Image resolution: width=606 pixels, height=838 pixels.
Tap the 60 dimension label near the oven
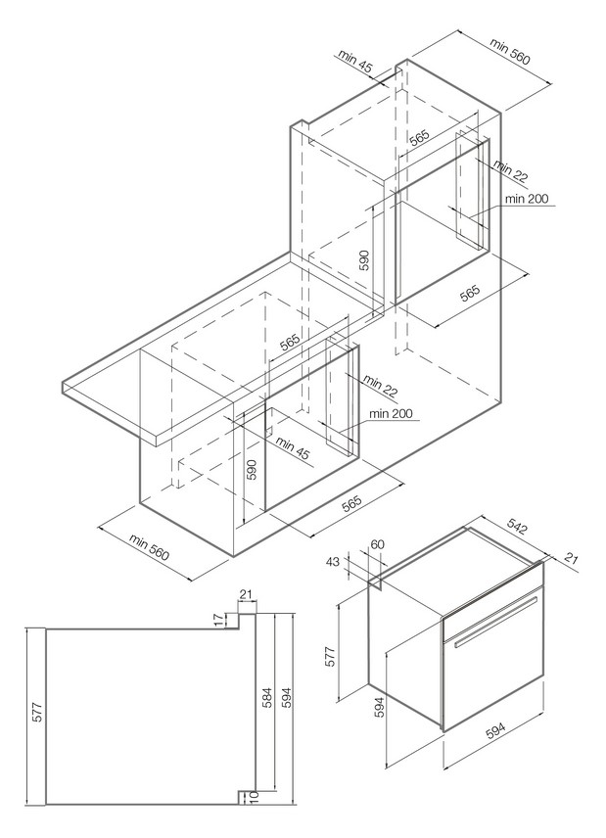click(378, 544)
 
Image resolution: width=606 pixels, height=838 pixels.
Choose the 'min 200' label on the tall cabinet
click(527, 199)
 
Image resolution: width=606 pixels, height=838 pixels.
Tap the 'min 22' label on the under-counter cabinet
click(380, 385)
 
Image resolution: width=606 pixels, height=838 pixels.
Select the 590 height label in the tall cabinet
click(363, 259)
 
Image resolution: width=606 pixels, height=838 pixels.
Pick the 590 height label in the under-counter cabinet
click(251, 469)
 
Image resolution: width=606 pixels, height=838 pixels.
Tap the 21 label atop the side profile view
click(245, 594)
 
